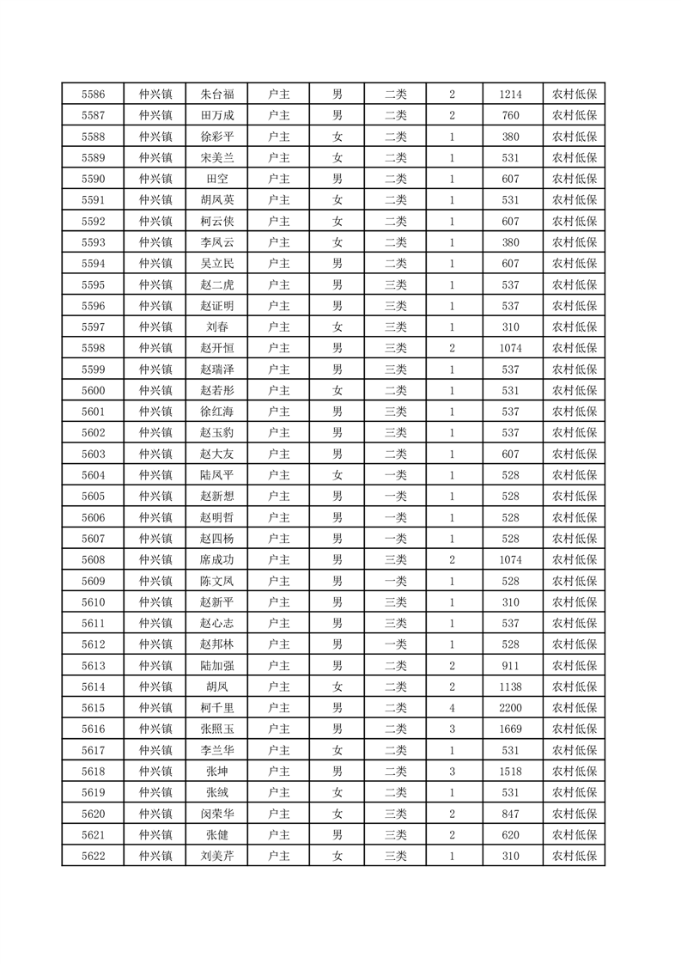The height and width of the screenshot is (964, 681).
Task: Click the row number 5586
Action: [x=93, y=95]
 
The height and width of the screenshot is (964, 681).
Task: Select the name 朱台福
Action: [x=216, y=95]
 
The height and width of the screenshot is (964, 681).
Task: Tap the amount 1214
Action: [x=510, y=95]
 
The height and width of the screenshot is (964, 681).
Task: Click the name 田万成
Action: [x=216, y=115]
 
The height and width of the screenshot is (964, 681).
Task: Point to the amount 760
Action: [x=510, y=115]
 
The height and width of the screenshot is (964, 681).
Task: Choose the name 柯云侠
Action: [x=216, y=221]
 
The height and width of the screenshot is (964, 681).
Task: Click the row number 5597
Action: [x=93, y=326]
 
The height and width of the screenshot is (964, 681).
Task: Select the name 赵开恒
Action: [x=216, y=348]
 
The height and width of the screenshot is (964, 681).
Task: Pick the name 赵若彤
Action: [x=216, y=390]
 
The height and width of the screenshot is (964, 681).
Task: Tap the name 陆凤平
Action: [x=216, y=475]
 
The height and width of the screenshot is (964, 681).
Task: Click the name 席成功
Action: [x=216, y=559]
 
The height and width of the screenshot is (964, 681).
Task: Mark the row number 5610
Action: [x=93, y=601]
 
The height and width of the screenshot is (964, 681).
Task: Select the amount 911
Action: [x=510, y=665]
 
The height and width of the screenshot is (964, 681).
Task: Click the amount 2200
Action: [x=510, y=707]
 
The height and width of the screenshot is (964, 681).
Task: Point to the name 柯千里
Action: [x=216, y=707]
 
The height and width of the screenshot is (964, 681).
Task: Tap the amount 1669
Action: [x=510, y=729]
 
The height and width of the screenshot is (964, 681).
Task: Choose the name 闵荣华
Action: [x=216, y=814]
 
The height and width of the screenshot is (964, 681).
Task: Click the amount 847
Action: [x=510, y=814]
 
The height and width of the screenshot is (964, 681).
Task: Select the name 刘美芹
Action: [x=216, y=856]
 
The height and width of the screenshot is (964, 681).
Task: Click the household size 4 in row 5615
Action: [x=452, y=707]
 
